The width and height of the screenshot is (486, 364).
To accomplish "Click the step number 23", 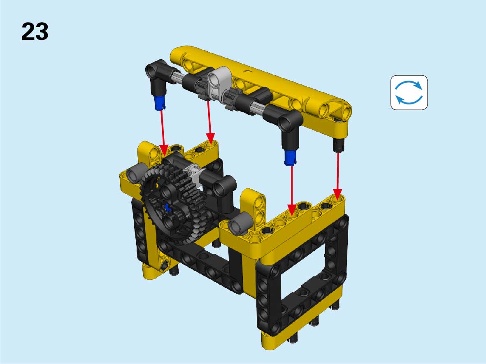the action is (x=35, y=32).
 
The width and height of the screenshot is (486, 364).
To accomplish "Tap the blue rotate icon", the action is (x=409, y=93).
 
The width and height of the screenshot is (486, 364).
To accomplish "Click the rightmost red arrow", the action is (x=337, y=175).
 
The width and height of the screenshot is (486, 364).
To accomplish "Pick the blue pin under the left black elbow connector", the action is (x=159, y=102).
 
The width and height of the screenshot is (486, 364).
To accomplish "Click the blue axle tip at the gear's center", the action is (x=167, y=207).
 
